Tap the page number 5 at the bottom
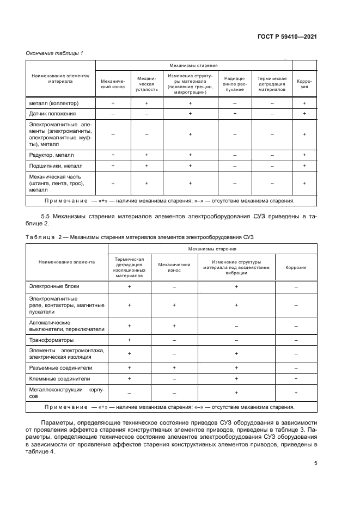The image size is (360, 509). [x=316, y=463]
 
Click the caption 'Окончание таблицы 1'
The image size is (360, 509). [x=55, y=53]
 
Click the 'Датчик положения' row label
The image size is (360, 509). [x=53, y=114]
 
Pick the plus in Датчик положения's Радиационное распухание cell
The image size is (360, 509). [x=234, y=114]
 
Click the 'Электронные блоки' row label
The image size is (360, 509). [x=53, y=286]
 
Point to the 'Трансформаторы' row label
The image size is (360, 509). [x=50, y=340]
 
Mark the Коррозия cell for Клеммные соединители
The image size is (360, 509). [x=296, y=378]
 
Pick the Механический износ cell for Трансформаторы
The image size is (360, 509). [x=174, y=340]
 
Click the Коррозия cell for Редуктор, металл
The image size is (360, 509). [x=304, y=155]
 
